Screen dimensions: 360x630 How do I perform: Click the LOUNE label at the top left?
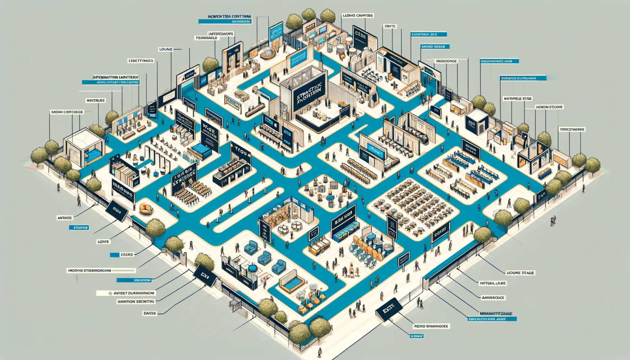(166, 49)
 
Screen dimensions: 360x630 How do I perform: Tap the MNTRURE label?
(96, 100)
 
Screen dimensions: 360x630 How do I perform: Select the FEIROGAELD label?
(207, 38)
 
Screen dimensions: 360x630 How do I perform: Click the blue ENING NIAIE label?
(435, 47)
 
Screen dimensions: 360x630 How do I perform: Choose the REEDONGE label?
(446, 61)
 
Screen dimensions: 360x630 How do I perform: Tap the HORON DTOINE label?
(549, 107)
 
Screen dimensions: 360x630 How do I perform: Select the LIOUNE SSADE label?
(520, 273)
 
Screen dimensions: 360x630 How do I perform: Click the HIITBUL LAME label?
(493, 283)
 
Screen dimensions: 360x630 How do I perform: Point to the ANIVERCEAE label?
(493, 298)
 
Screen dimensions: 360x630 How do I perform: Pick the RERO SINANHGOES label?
(431, 326)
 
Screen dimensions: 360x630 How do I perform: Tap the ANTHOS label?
(65, 218)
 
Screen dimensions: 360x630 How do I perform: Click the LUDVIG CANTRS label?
(358, 16)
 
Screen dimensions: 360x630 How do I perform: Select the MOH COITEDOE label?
(67, 112)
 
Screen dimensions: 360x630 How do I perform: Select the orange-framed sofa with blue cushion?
(292, 281)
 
